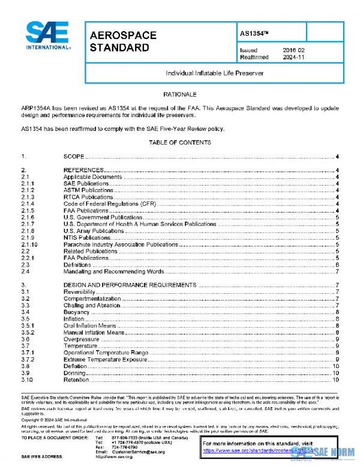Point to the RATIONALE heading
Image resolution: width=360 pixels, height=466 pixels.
click(179, 95)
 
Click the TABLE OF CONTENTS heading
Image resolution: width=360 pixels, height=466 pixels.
click(179, 143)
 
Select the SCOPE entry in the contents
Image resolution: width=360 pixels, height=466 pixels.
click(74, 157)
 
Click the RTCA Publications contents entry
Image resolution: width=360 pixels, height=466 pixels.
click(88, 197)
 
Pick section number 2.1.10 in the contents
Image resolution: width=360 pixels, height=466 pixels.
click(29, 244)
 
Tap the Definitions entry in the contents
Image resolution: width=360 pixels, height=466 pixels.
click(77, 264)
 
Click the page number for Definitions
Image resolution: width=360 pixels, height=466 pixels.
click(338, 264)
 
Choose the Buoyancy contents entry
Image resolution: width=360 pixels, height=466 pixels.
click(76, 312)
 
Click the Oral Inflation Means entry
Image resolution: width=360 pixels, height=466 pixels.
click(90, 325)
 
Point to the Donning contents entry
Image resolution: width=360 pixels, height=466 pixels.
click(75, 372)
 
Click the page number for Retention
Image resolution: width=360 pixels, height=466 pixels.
click(337, 379)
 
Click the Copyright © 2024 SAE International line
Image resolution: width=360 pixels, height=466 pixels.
click(54, 420)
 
